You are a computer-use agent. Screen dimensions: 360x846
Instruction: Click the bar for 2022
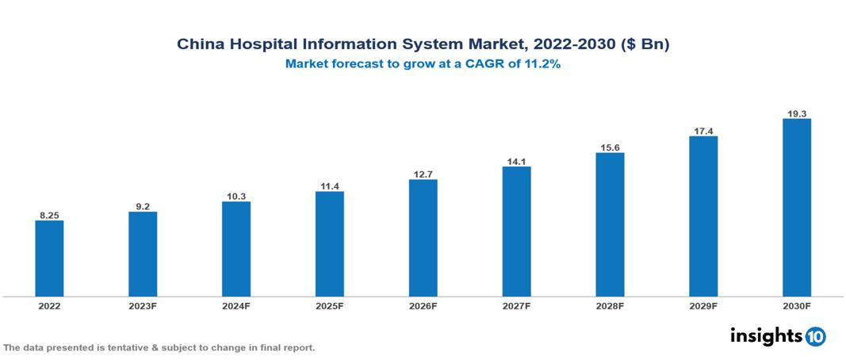49,258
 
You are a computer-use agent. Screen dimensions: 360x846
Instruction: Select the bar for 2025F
329,243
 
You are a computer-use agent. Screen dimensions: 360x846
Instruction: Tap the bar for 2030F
796,208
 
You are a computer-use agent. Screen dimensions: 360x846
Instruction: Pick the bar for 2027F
516,232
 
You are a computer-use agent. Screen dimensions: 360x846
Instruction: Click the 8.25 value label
49,215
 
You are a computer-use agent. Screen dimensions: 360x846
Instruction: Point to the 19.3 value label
796,113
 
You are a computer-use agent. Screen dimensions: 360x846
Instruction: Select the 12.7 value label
423,174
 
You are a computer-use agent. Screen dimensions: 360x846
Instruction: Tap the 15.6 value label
610,147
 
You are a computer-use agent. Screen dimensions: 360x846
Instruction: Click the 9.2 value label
143,206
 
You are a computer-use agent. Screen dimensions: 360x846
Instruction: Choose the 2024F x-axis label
236,305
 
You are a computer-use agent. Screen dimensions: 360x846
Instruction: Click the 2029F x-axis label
703,305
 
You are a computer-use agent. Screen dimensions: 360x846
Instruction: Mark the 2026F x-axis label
423,305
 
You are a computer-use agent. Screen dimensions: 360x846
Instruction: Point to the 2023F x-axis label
143,305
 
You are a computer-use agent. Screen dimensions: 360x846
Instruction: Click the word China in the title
199,45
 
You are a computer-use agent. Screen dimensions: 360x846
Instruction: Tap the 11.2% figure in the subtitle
542,65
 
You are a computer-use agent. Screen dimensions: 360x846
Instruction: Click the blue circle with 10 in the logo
815,336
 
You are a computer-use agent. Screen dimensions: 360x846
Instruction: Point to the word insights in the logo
766,335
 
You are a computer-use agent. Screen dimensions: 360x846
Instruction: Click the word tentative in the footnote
123,348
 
